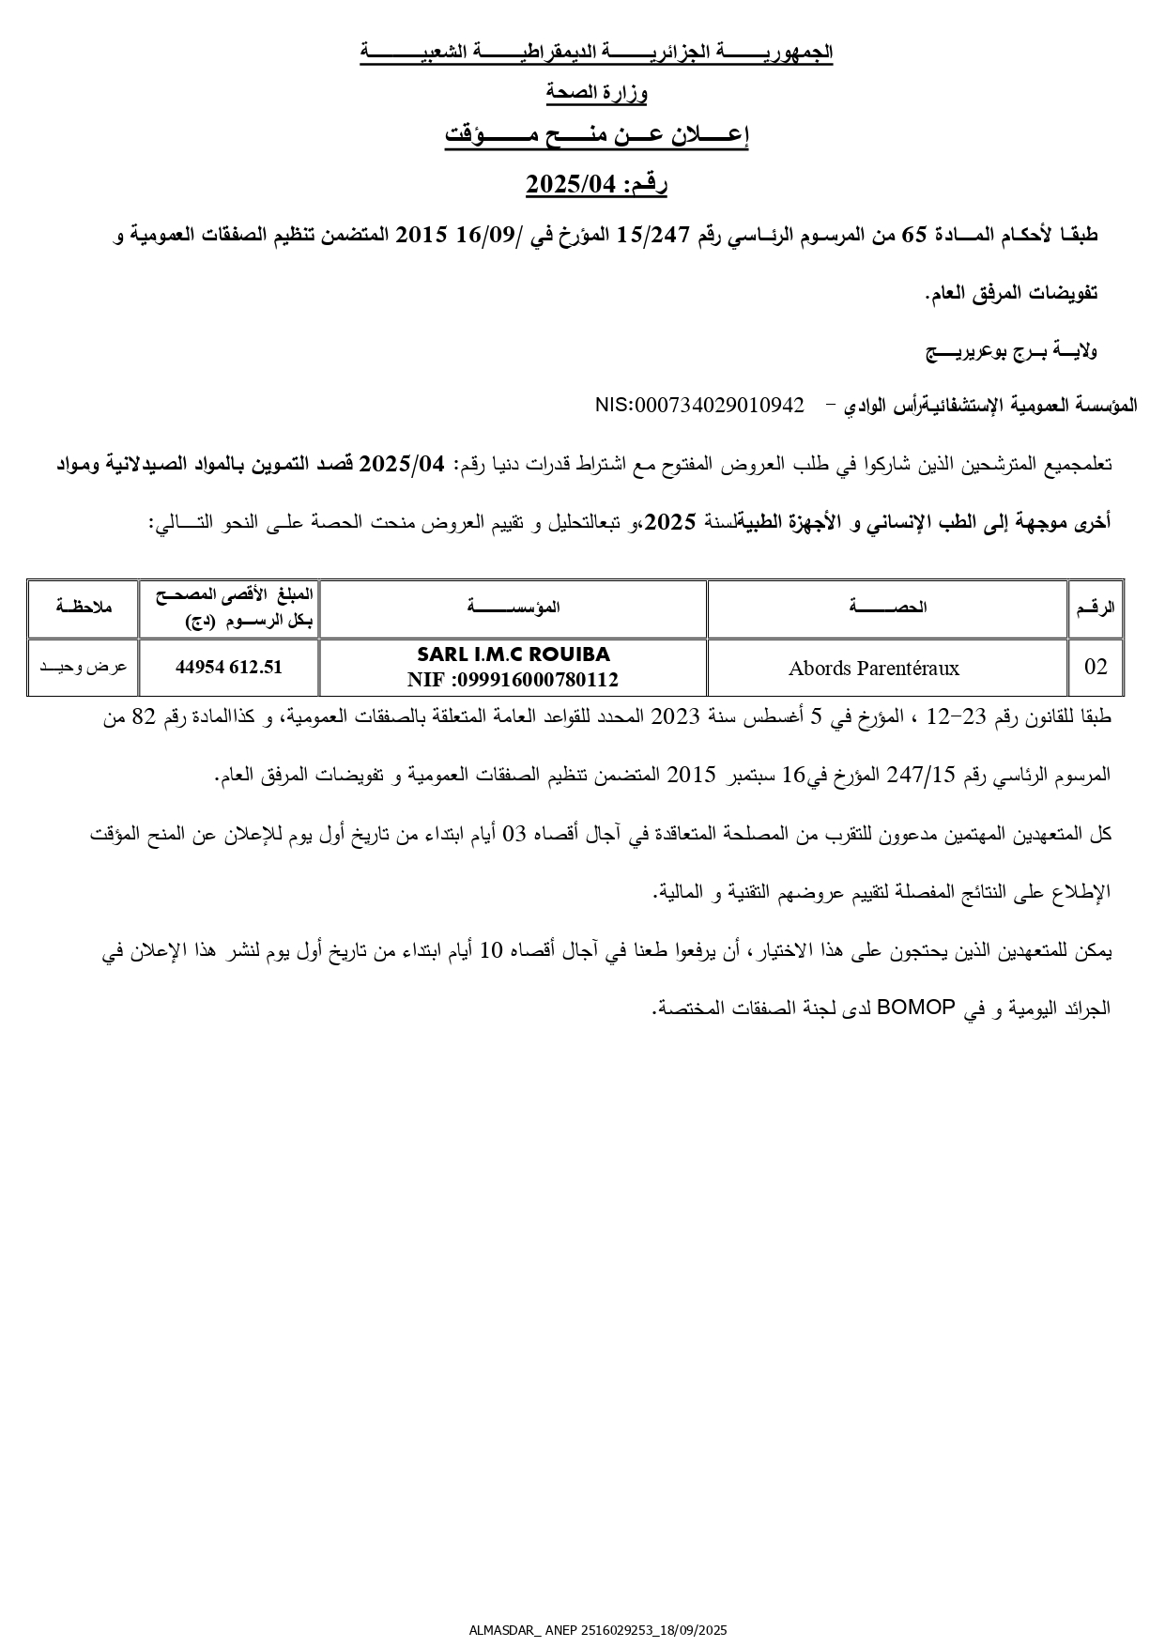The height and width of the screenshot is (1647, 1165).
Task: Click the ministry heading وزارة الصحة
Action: pyautogui.click(x=597, y=92)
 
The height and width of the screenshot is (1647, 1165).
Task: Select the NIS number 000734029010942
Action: pyautogui.click(x=699, y=405)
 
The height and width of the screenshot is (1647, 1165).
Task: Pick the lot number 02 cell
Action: pyautogui.click(x=1096, y=668)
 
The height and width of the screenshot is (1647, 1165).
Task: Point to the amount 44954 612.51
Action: pyautogui.click(x=229, y=668)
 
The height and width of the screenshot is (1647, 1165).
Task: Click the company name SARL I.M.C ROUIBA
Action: pyautogui.click(x=513, y=654)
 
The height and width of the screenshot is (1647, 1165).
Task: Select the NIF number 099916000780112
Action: pyautogui.click(x=513, y=680)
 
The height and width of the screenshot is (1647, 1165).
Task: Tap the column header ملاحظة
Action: pyautogui.click(x=84, y=608)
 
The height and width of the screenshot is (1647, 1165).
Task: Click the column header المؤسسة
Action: pyautogui.click(x=513, y=608)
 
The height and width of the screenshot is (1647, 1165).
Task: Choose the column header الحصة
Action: pyautogui.click(x=887, y=608)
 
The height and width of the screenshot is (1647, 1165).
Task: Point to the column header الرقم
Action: pyautogui.click(x=1096, y=608)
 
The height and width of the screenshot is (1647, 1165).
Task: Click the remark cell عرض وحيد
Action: pyautogui.click(x=84, y=668)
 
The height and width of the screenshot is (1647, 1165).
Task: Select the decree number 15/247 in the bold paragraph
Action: pyautogui.click(x=647, y=236)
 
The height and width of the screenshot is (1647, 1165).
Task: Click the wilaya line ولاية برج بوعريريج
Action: pyautogui.click(x=1012, y=352)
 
